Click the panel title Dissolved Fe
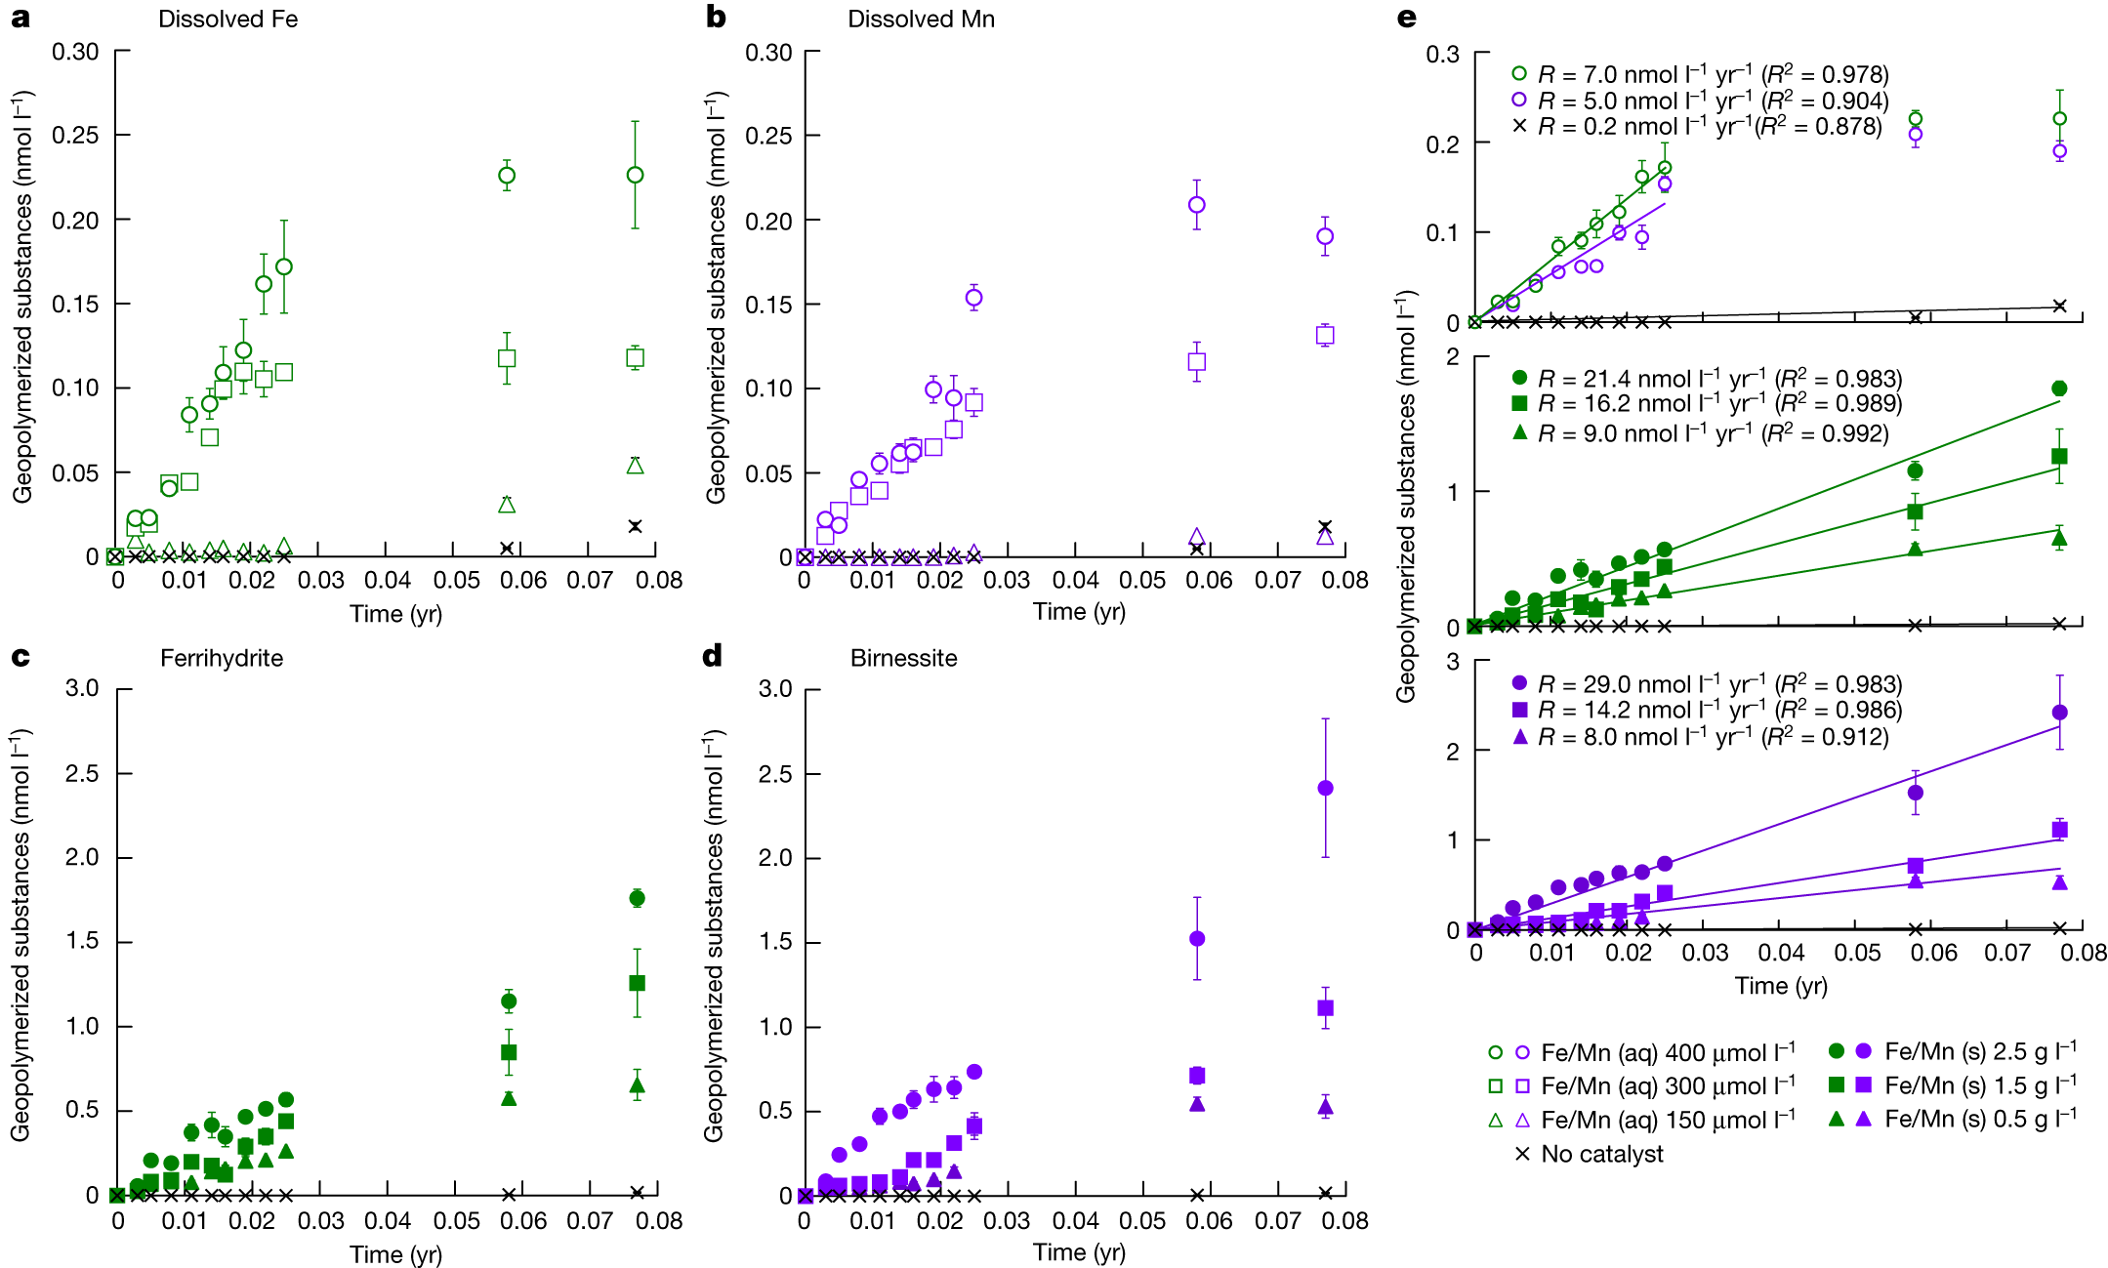tap(227, 20)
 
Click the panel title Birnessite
tap(903, 658)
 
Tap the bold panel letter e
tap(1407, 18)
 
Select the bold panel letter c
tap(20, 657)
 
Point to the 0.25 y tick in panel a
tap(75, 136)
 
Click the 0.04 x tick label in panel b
tap(1075, 580)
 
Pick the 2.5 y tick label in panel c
tap(82, 773)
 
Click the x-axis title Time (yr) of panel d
tap(1079, 1252)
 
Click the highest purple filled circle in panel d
tap(1325, 788)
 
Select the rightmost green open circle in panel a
tap(635, 175)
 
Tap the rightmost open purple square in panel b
tap(1325, 335)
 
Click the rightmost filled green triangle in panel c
tap(637, 1084)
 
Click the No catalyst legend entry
tap(1601, 1154)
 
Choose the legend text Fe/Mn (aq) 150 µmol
tap(1666, 1120)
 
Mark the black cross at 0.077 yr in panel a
tap(635, 526)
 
